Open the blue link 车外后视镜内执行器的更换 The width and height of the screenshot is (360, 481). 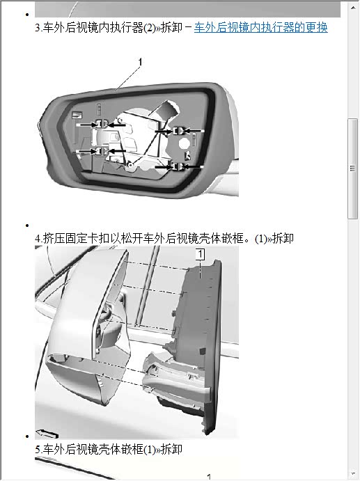pos(261,28)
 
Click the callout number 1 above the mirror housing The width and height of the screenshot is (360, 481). pos(140,62)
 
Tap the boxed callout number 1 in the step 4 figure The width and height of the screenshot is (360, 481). pos(200,254)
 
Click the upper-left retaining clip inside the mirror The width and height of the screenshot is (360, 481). pos(102,124)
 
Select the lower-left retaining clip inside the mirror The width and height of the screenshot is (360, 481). pos(101,151)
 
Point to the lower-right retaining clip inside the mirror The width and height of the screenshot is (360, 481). pos(178,167)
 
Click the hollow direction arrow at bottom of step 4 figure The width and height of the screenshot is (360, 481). pos(47,434)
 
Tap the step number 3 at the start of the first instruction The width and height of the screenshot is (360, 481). pos(38,28)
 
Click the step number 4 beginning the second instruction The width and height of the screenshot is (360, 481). pos(38,239)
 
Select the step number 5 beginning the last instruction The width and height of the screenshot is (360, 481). pos(38,450)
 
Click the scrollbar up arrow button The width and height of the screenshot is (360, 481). pos(353,7)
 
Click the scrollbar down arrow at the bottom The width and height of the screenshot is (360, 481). pos(353,473)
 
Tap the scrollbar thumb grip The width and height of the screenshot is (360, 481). pos(352,168)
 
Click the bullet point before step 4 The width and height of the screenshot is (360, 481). pos(27,226)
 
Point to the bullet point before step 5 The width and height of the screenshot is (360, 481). pos(27,436)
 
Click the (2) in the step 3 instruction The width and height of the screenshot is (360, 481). pos(150,28)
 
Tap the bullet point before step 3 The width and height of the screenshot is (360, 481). pos(27,15)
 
